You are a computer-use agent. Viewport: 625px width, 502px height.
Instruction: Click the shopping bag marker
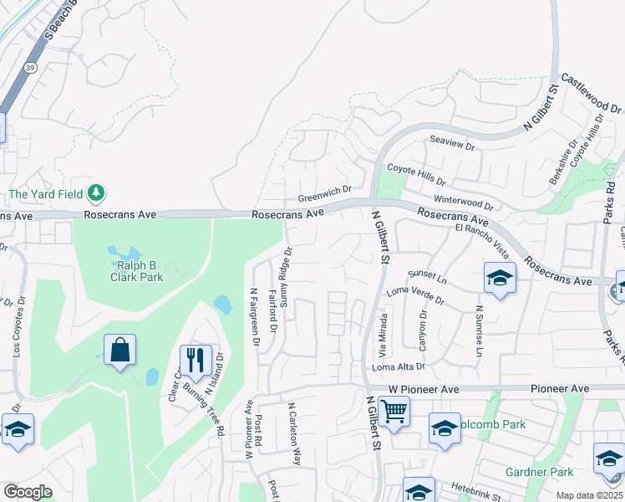click(120, 351)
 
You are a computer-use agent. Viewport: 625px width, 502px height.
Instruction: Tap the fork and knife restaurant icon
click(196, 361)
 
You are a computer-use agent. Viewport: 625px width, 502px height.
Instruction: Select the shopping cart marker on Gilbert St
click(394, 412)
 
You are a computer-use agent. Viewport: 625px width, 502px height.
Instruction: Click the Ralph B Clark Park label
click(135, 269)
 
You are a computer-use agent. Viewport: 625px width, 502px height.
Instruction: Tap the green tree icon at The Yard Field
click(97, 193)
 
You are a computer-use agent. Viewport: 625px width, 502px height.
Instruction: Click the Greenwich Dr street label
click(325, 199)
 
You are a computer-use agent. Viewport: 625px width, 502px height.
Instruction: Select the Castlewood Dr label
click(592, 93)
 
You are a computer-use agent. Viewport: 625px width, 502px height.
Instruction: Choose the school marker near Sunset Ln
click(499, 279)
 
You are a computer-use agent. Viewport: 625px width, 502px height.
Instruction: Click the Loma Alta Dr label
click(399, 366)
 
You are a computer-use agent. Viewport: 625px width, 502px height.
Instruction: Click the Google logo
click(28, 492)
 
